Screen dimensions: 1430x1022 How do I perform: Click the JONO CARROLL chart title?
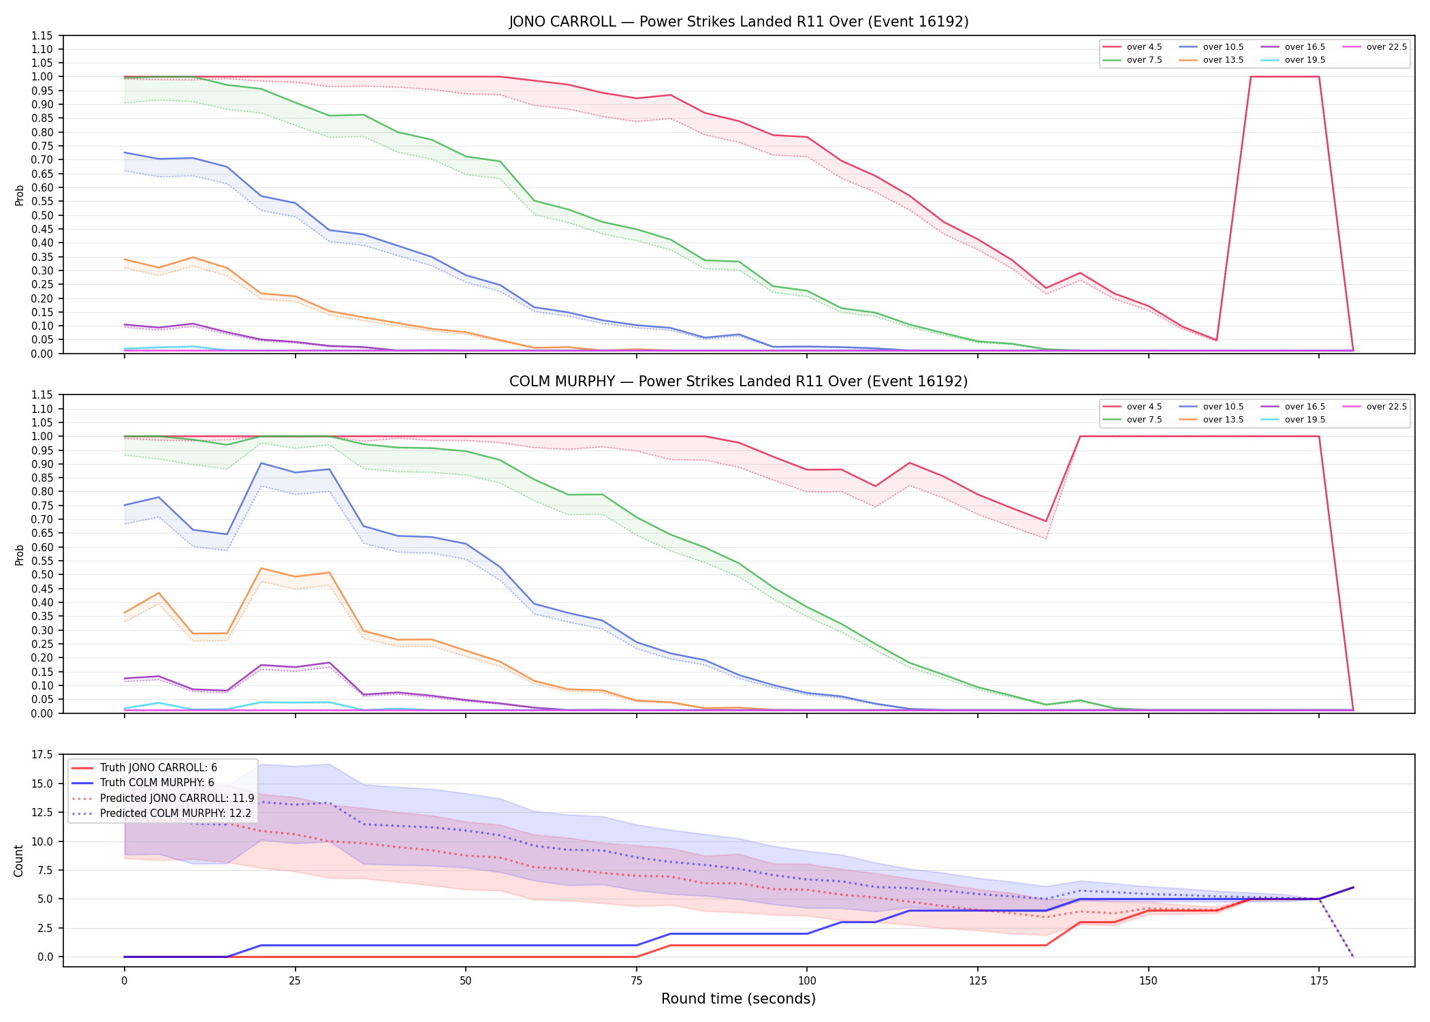tap(738, 22)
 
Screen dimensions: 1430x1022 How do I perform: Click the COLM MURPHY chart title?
tap(738, 382)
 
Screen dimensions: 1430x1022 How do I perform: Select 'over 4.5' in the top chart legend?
tap(1144, 47)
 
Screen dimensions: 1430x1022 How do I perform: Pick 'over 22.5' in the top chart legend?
tap(1386, 47)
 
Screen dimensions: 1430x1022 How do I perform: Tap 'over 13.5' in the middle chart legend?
tap(1223, 420)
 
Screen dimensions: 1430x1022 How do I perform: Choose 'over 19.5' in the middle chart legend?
tap(1305, 420)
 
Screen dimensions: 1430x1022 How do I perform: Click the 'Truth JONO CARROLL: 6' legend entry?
tap(159, 768)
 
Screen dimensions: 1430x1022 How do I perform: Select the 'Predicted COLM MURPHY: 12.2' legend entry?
tap(176, 814)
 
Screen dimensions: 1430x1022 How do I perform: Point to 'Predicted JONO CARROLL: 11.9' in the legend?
tap(177, 799)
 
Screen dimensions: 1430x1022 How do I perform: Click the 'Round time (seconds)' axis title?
tap(738, 999)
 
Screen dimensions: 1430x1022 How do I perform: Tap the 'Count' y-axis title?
tap(18, 861)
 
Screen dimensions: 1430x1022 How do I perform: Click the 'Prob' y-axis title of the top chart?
tap(19, 195)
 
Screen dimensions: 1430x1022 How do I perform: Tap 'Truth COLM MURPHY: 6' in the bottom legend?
tap(157, 783)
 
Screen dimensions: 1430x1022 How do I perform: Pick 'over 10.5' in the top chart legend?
tap(1223, 47)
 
